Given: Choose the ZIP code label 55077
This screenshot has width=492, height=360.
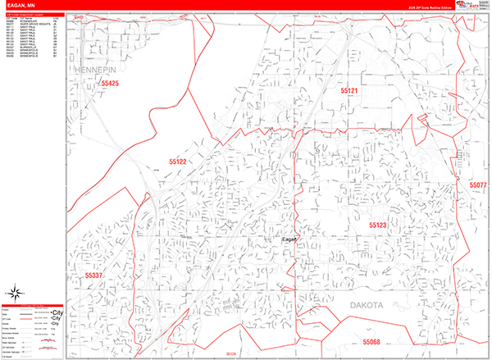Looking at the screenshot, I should (478, 186).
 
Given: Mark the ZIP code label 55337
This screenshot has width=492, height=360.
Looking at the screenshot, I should (93, 276).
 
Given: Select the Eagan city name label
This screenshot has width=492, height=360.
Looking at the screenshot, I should (287, 239).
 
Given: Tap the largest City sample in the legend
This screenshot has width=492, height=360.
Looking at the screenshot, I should (56, 312).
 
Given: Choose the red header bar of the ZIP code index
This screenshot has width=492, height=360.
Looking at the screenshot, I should (34, 16).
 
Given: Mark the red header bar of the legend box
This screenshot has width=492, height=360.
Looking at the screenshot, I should (34, 305).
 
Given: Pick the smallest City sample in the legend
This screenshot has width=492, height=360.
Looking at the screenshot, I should (54, 324).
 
